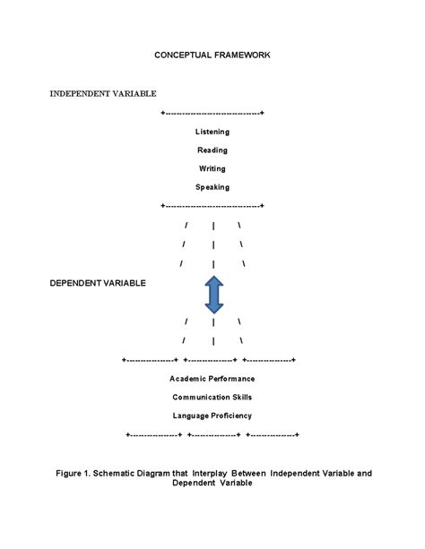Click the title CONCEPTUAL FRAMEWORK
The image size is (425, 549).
coord(212,55)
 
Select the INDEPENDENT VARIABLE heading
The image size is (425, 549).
coord(103,93)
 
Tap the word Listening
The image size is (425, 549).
coord(212,132)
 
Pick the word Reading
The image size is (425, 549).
coord(212,150)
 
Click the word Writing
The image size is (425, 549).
coord(212,168)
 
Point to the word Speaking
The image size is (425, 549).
coord(212,187)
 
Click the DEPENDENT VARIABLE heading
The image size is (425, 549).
coord(98,283)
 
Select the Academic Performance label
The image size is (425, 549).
coord(212,379)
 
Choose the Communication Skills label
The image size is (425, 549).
coord(212,397)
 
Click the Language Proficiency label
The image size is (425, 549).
coord(212,416)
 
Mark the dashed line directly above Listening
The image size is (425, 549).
coord(212,114)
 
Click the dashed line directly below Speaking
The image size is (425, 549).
coord(212,206)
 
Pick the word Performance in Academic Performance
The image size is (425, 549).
coord(230,379)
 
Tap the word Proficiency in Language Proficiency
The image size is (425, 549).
coord(231,416)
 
